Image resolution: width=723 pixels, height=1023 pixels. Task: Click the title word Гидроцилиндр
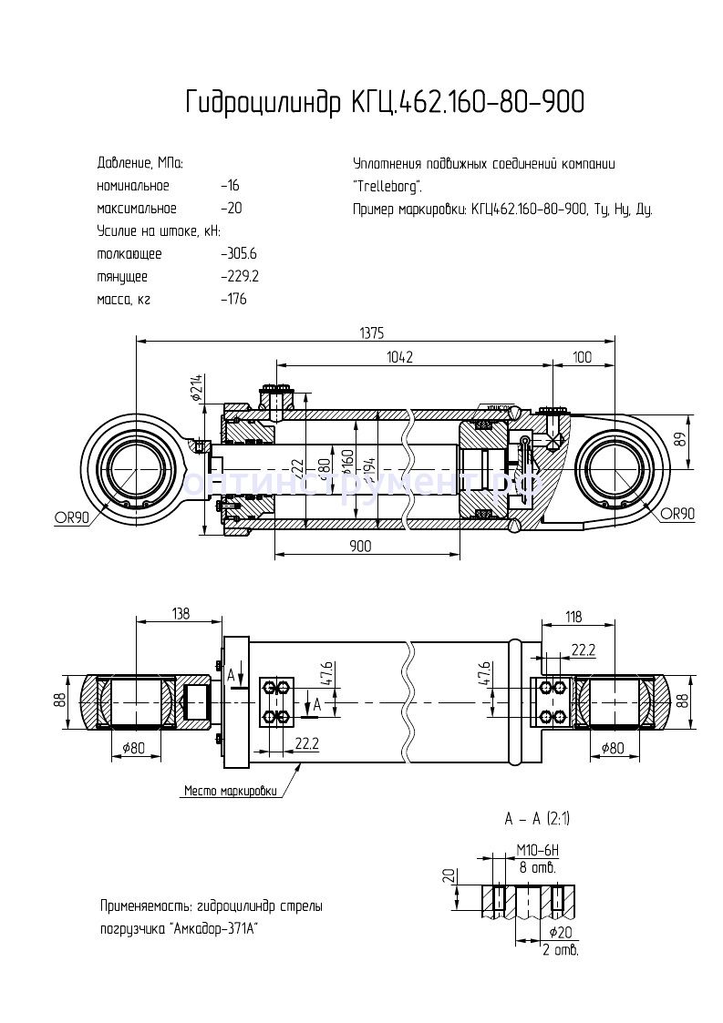click(264, 103)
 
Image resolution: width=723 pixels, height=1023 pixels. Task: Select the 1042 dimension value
click(398, 358)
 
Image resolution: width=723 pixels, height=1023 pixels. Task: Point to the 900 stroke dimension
click(360, 546)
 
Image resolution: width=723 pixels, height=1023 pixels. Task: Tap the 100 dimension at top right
click(583, 358)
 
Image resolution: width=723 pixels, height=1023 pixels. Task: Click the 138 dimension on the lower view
click(180, 614)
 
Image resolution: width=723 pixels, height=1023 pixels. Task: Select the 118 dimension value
click(572, 618)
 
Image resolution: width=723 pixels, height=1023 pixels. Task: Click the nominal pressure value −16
click(230, 186)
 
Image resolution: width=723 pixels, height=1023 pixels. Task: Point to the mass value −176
click(233, 299)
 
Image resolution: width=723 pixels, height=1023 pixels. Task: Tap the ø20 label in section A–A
click(562, 932)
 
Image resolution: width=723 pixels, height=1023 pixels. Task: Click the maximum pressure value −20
click(231, 209)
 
